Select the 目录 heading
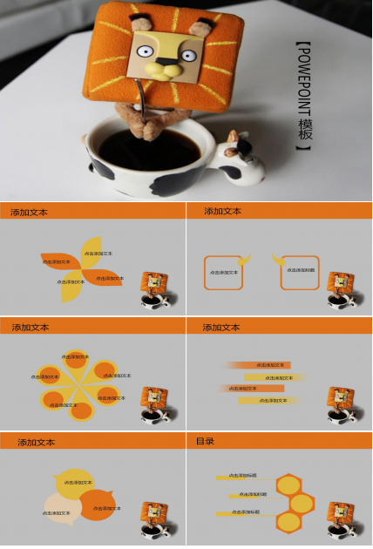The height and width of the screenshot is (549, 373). click(x=206, y=442)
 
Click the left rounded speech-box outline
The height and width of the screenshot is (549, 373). click(x=223, y=272)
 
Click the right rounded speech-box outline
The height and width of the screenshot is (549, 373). click(x=300, y=271)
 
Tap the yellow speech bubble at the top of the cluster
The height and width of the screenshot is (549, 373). click(x=73, y=481)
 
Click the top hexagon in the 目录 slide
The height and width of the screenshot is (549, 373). click(x=288, y=484)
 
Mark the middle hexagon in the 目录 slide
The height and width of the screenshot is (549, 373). click(x=302, y=503)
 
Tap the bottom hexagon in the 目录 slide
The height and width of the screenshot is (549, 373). click(x=288, y=522)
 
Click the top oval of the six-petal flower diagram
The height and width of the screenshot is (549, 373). click(x=76, y=356)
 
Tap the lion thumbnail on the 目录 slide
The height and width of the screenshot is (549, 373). click(x=341, y=518)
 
